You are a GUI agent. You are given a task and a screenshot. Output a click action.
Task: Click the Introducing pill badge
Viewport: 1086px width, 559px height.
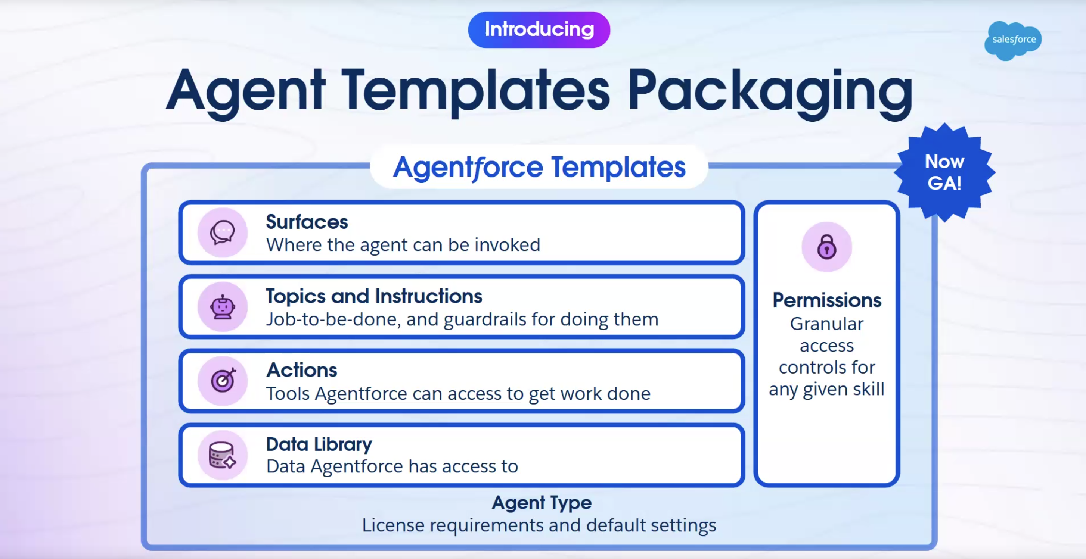539,29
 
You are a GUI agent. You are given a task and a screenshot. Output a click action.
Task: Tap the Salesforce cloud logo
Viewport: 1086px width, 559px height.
1013,40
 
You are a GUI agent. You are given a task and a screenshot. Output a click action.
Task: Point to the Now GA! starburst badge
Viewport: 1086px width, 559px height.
944,172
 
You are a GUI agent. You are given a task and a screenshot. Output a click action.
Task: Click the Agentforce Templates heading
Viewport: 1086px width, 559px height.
539,167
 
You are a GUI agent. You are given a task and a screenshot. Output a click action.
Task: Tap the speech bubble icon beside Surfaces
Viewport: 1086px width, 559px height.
222,232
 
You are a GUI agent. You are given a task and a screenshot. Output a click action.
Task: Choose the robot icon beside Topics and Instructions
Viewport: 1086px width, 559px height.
222,307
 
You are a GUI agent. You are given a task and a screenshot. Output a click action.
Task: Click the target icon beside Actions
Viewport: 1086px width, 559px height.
222,381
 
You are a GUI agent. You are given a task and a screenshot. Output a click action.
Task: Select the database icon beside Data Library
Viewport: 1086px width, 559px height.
222,455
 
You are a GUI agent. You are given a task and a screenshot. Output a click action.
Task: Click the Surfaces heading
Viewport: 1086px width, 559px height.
307,222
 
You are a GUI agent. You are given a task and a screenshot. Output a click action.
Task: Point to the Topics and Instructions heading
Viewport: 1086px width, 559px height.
374,296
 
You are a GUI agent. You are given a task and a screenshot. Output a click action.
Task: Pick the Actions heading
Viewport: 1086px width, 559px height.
302,370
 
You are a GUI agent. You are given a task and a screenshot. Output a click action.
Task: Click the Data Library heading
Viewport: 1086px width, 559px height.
319,445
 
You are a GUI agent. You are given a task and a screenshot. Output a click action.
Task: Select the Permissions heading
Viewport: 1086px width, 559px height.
827,300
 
